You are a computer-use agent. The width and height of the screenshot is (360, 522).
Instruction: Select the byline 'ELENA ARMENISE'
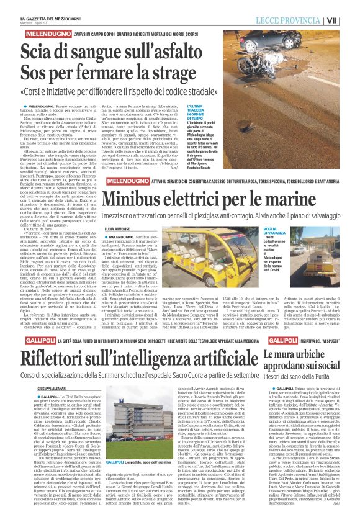click(x=119, y=228)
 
